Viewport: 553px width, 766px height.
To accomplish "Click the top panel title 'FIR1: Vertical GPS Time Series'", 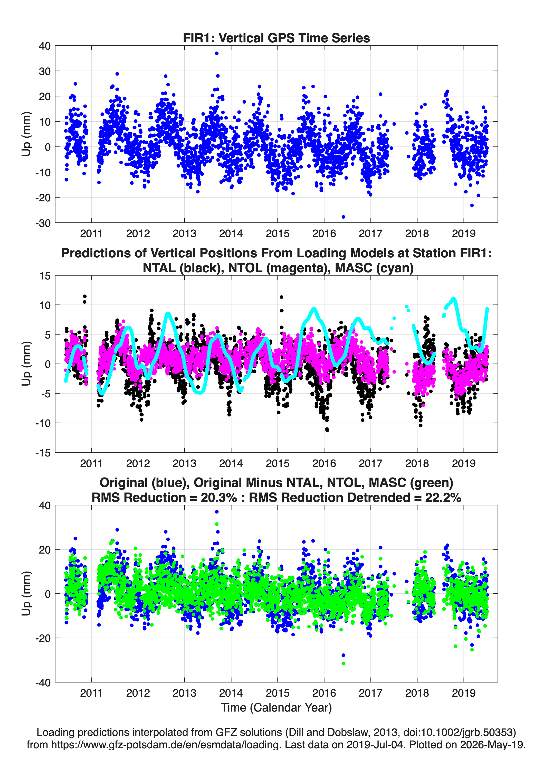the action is coord(276,38).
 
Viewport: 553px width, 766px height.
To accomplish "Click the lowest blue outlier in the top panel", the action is coord(343,217).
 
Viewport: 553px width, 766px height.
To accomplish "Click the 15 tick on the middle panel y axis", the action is coord(45,276).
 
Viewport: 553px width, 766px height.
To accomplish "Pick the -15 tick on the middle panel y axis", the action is coord(43,453).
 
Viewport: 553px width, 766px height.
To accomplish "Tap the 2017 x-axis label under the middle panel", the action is coord(371,463).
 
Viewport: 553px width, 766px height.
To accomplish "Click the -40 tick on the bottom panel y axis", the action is coord(43,683).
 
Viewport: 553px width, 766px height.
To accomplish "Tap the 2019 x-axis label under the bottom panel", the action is coord(464,693).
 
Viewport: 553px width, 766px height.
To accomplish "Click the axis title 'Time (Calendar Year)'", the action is coord(276,708).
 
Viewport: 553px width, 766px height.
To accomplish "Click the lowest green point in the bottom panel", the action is coord(343,663).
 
